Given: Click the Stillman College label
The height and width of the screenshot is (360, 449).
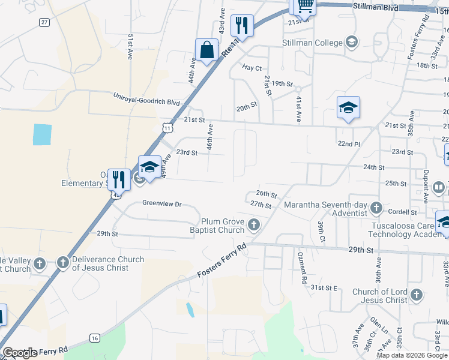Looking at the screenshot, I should pos(312,43).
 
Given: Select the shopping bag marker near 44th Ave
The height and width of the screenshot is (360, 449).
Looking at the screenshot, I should pos(206,50).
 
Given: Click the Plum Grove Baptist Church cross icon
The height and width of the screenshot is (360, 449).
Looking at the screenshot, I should pos(254,225).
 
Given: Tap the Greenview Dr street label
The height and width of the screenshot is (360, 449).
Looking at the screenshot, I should pos(161,203).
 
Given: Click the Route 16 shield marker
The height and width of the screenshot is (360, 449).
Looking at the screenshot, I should pos(95,338).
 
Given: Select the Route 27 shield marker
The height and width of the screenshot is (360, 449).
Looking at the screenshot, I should pos(44,22).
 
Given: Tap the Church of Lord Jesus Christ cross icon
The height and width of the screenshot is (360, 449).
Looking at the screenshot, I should pos(417,295).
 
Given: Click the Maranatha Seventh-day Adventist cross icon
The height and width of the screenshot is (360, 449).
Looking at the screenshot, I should pos(376,208).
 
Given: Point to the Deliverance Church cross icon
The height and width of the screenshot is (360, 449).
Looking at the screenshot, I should pos(62,262).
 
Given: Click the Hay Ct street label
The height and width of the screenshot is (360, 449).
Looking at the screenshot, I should pos(252,67).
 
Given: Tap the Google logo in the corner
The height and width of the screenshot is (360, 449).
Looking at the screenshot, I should pos(19,353).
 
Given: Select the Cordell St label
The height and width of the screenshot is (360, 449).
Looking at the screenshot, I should pos(402,212).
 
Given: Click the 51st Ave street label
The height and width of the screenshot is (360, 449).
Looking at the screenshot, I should pos(130,46).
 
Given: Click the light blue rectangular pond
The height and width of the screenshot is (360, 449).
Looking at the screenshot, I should pos(42,134).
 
